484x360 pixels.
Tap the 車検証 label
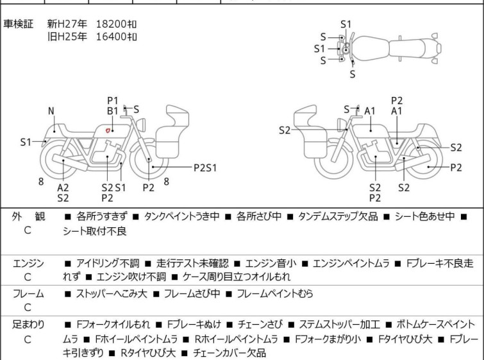[x=18, y=24]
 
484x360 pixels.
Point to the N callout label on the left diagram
[x=51, y=111]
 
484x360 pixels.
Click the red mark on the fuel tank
[x=108, y=130]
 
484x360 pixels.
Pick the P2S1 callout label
[x=205, y=167]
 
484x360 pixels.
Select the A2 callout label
[x=63, y=187]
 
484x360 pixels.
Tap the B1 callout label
[x=113, y=111]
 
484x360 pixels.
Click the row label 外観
[x=28, y=216]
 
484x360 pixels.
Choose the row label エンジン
[x=28, y=263]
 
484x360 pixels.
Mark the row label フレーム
[x=28, y=293]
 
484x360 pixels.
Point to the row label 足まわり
[x=28, y=325]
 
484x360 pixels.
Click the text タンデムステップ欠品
[x=338, y=216]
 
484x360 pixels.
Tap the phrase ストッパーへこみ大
[x=112, y=293]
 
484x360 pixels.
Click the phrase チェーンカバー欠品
[x=229, y=352]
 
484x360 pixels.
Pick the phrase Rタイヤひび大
[x=148, y=352]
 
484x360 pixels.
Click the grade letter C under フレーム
[x=28, y=307]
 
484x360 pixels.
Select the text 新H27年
[x=67, y=24]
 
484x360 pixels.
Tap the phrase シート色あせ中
[x=425, y=216]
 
